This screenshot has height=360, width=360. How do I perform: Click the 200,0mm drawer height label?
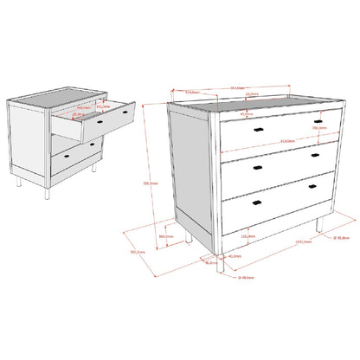318,126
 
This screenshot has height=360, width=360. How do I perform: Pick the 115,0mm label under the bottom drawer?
247,235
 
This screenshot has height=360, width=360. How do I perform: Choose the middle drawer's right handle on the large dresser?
313,154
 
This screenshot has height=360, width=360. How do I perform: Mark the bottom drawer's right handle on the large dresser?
314,188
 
